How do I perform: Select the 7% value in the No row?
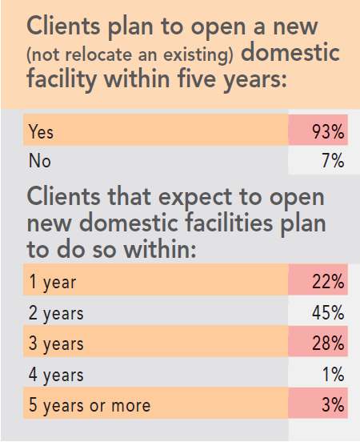point(334,161)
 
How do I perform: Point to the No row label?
point(39,161)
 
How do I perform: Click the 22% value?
point(328,282)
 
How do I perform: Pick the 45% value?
point(328,312)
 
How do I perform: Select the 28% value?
point(328,344)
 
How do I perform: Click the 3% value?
point(333,404)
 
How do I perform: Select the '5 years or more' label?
point(89,404)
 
